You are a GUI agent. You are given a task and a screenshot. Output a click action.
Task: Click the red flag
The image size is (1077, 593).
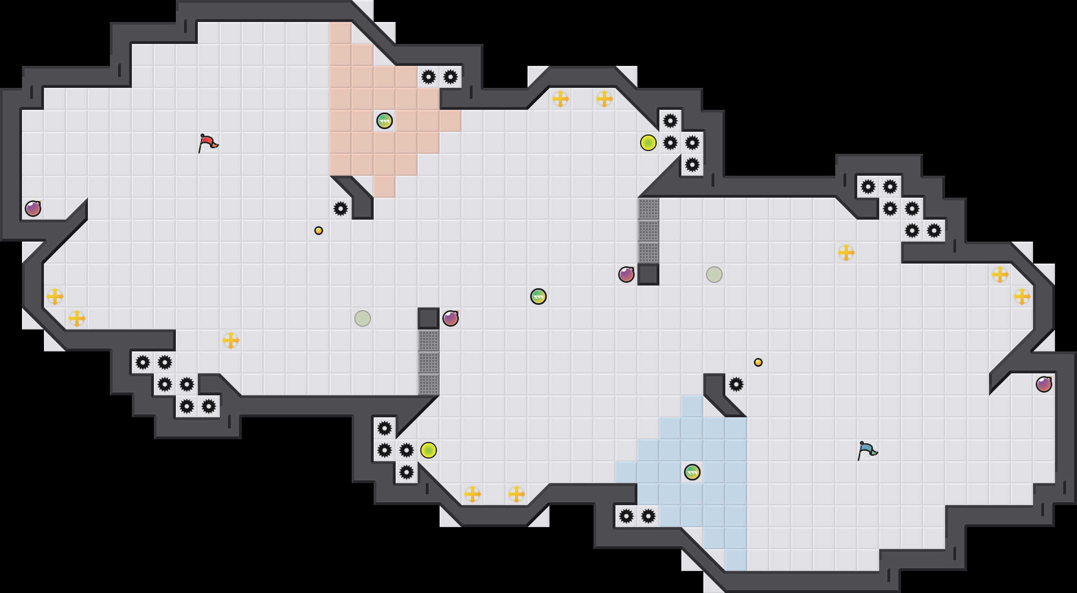208,143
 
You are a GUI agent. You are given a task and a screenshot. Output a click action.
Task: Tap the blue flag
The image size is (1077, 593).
867,450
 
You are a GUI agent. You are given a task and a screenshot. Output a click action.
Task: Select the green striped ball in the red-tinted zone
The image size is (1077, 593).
385,121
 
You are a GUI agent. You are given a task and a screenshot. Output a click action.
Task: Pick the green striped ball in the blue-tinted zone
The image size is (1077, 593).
692,472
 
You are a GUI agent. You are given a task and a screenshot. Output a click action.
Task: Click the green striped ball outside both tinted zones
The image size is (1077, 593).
538,296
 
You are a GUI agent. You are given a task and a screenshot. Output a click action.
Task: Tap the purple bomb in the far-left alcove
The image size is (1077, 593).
33,209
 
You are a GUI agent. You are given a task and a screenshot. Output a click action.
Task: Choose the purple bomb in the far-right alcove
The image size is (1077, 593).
1044,384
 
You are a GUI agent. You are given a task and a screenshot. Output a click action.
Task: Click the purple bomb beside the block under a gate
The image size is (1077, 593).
626,275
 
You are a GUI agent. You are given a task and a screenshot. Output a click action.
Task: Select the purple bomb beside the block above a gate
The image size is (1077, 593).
451,318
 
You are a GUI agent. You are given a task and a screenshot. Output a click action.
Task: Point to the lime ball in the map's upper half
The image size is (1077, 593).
648,143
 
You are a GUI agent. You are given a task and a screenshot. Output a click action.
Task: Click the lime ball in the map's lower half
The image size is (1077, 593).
429,450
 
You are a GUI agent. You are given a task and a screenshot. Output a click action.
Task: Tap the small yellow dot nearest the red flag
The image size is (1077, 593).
319,231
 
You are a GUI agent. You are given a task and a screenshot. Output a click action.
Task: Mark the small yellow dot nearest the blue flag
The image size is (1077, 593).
758,362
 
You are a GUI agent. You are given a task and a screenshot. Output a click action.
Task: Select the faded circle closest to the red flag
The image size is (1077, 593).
363,318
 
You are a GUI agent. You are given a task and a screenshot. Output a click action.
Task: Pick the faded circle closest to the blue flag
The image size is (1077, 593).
714,275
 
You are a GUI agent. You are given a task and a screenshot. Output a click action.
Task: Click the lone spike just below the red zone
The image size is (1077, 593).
341,209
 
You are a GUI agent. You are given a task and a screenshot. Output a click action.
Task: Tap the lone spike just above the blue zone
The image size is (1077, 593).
736,384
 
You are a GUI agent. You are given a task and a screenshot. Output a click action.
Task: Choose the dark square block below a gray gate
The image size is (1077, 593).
648,275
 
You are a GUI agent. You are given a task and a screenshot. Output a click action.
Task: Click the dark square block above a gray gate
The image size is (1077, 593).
429,318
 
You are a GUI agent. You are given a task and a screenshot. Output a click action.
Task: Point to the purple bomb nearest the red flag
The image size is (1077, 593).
33,209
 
